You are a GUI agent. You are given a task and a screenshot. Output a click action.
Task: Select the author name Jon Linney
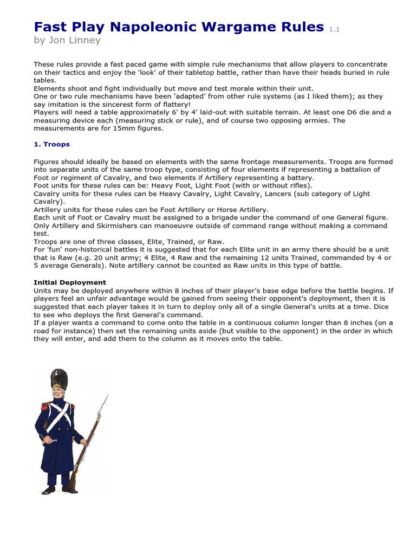coord(75,40)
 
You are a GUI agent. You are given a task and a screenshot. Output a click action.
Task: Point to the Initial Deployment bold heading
coord(70,282)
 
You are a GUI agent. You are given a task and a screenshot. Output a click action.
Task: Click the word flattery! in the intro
coord(201,104)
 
